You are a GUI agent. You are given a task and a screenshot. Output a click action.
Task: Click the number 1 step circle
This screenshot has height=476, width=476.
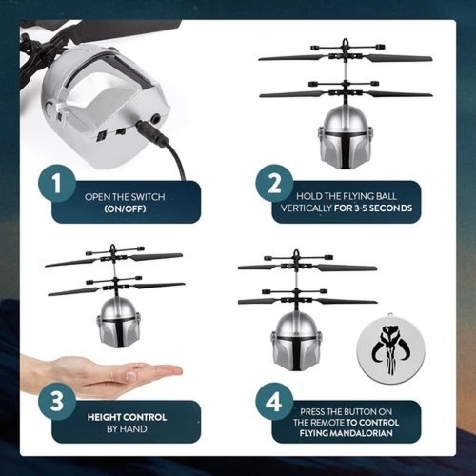(57, 184)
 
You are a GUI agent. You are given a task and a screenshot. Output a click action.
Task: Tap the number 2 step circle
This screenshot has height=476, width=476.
(274, 184)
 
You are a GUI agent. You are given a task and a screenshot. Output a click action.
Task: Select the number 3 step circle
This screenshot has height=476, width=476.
(57, 401)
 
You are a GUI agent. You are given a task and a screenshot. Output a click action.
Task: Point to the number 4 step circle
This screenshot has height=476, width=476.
(274, 402)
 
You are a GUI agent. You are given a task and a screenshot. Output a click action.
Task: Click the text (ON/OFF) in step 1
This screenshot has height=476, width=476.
(125, 208)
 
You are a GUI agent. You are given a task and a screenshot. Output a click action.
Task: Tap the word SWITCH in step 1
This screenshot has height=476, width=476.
(148, 197)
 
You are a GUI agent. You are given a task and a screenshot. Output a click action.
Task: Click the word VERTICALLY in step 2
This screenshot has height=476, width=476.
(306, 208)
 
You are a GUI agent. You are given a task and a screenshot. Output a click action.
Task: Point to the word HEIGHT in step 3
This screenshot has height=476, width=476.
(104, 417)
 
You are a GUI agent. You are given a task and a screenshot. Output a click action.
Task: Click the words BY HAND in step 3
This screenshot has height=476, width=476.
(127, 429)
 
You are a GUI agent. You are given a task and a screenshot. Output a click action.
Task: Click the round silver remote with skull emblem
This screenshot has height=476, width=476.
(390, 348)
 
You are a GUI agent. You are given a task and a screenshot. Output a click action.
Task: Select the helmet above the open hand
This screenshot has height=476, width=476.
(118, 323)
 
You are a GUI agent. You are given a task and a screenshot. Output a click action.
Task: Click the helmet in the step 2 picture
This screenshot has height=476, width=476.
(347, 137)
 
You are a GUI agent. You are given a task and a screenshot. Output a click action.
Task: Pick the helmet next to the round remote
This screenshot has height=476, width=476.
(296, 341)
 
